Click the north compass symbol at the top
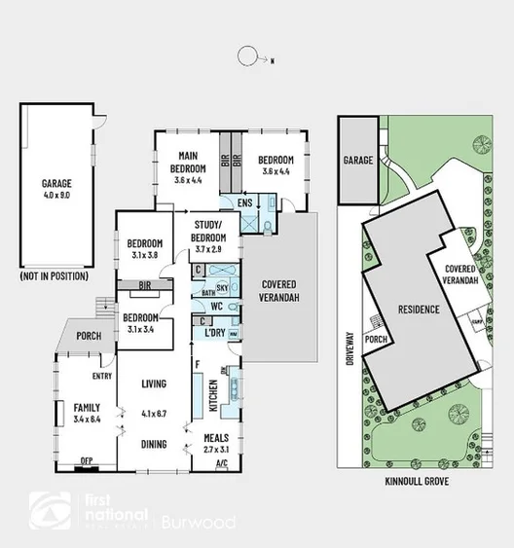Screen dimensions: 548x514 (250, 55)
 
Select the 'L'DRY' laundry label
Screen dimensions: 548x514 (215, 333)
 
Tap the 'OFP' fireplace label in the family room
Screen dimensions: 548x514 (87, 461)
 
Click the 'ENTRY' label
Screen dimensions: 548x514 (102, 376)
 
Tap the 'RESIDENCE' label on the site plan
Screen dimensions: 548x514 (417, 310)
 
